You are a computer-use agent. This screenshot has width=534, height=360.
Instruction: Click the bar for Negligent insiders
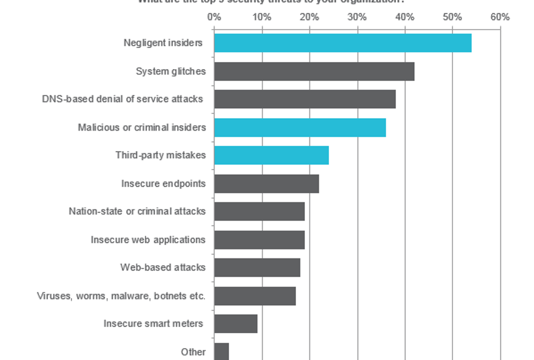(x=342, y=43)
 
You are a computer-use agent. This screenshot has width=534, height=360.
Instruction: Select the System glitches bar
(x=314, y=71)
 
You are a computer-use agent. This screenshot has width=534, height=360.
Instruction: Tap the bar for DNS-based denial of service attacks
(x=304, y=99)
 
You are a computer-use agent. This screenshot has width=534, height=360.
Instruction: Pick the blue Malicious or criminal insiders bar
(x=299, y=127)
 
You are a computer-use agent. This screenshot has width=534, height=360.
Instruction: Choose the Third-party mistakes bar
(x=271, y=155)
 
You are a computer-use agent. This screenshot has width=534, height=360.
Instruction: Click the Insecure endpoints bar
(x=266, y=184)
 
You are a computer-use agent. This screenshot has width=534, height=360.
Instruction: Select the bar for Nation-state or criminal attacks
(x=259, y=212)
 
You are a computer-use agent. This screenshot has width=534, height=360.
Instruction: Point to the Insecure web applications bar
(x=259, y=239)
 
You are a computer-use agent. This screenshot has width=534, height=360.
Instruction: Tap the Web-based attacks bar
(x=257, y=267)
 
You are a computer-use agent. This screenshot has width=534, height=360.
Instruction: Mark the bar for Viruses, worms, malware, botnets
(x=255, y=296)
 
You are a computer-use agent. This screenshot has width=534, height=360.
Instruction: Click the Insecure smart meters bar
(x=235, y=324)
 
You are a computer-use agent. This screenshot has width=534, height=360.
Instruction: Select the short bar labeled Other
(x=221, y=352)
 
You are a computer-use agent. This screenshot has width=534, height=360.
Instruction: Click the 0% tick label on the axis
(x=214, y=17)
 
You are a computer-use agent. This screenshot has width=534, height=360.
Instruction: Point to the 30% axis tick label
(x=357, y=17)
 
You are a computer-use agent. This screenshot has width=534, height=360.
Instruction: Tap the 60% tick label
(x=500, y=17)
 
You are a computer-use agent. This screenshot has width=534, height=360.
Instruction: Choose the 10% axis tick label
(x=261, y=17)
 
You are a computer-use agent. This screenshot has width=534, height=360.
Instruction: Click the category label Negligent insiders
(x=163, y=43)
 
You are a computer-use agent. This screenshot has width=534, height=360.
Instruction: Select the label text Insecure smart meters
(x=152, y=324)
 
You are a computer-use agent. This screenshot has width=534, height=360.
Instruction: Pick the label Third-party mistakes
(x=160, y=155)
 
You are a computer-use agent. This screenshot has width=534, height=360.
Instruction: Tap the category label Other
(x=193, y=352)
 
